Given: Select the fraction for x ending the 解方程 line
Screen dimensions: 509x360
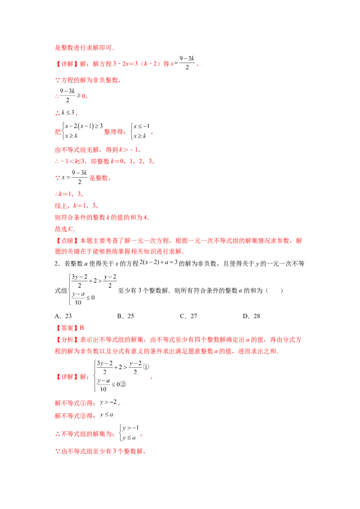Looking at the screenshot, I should click(x=186, y=63).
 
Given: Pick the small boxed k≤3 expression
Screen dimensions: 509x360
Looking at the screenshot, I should click(x=69, y=112).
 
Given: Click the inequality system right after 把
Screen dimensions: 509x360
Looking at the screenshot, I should click(x=81, y=130).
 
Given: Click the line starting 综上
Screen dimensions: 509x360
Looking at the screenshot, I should click(x=74, y=205).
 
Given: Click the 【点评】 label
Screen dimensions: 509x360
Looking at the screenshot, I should click(x=63, y=241).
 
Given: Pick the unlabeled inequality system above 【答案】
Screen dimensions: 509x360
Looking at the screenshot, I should click(x=92, y=289).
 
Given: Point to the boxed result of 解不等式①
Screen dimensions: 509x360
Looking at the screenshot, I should click(x=108, y=402).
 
